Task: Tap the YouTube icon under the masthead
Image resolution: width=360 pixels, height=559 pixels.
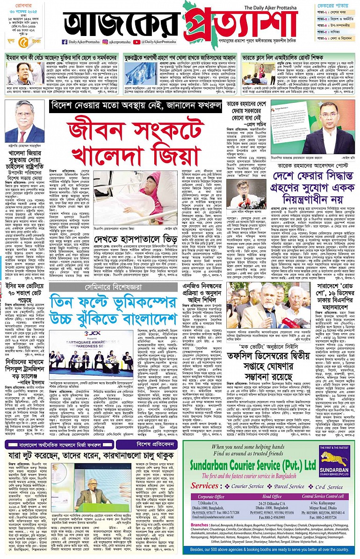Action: click(136, 42)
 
